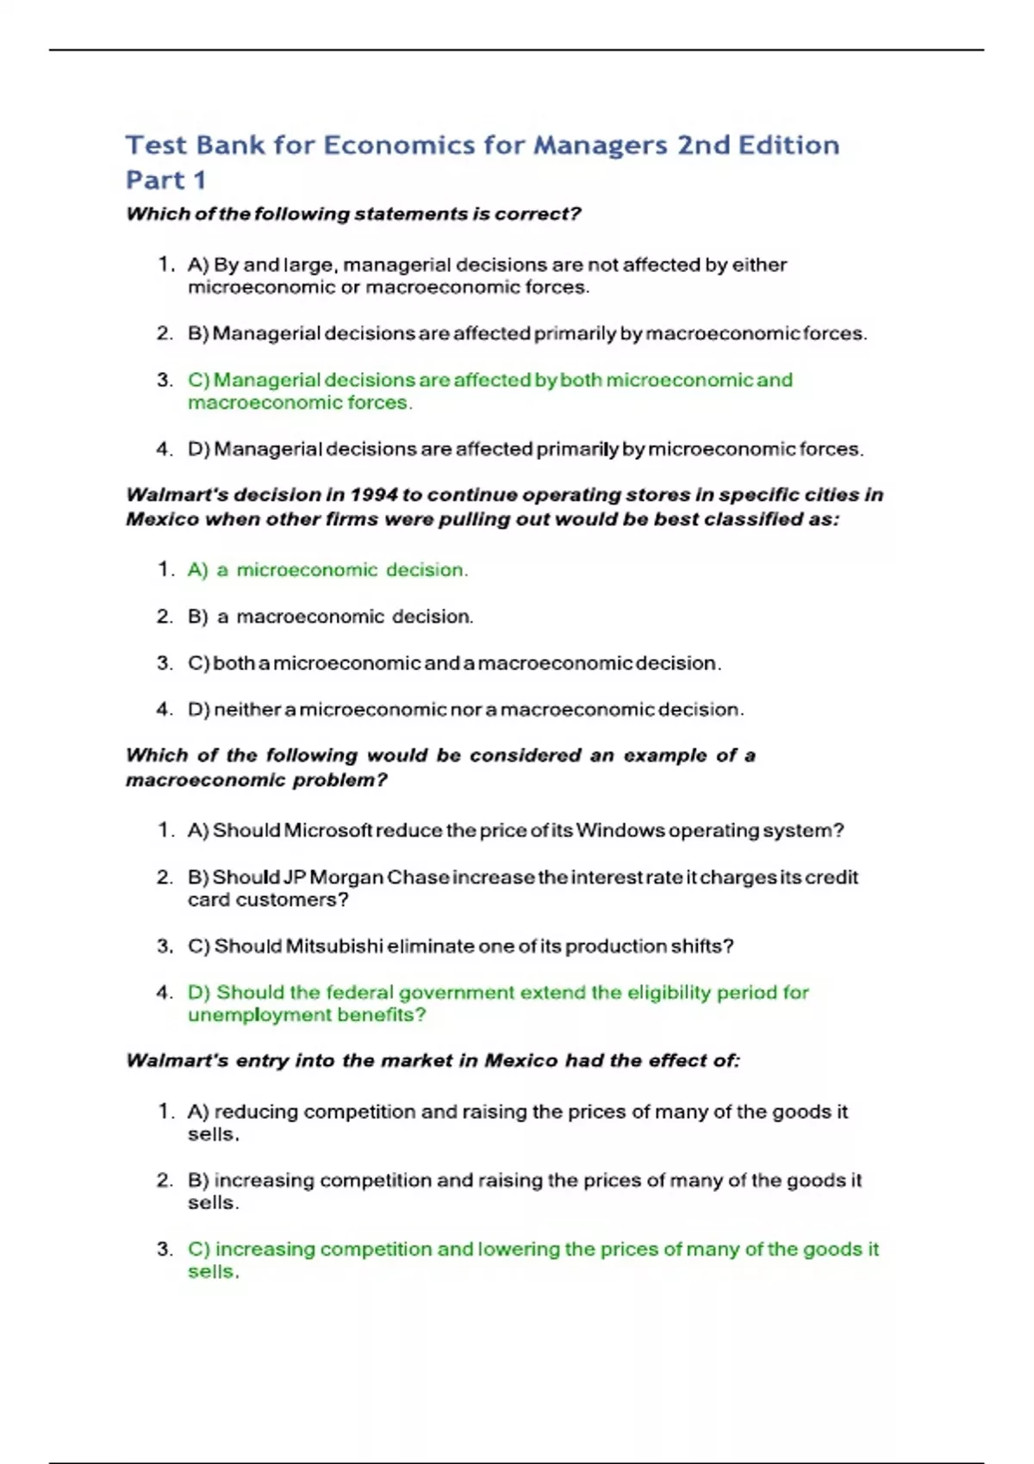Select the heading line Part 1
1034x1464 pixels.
(x=165, y=180)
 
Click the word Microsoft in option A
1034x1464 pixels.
(x=328, y=831)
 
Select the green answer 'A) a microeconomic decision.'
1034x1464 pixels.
(x=327, y=570)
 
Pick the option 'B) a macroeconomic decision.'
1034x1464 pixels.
(x=330, y=617)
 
